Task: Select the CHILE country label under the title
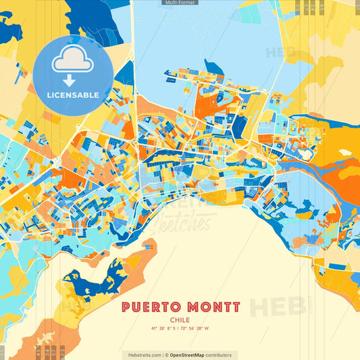click(x=180, y=321)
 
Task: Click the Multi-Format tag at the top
click(x=180, y=3)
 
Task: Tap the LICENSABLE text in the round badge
click(x=73, y=95)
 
